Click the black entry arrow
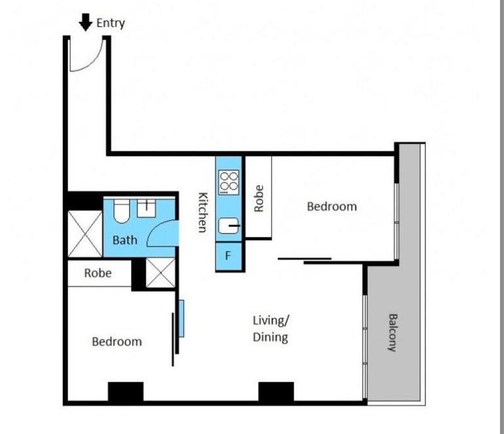click(86, 22)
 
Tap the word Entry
click(111, 23)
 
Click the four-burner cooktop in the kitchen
click(229, 182)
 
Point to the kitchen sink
click(229, 226)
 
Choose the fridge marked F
click(229, 256)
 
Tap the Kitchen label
click(202, 212)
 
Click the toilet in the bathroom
click(122, 211)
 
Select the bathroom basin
click(146, 208)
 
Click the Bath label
click(125, 240)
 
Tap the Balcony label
click(392, 332)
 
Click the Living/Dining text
click(271, 329)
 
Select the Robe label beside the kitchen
click(259, 198)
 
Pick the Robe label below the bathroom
click(98, 273)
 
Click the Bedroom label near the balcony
click(332, 206)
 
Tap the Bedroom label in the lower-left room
click(117, 342)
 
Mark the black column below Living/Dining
click(276, 392)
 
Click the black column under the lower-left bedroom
click(125, 392)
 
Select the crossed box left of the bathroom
click(85, 234)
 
